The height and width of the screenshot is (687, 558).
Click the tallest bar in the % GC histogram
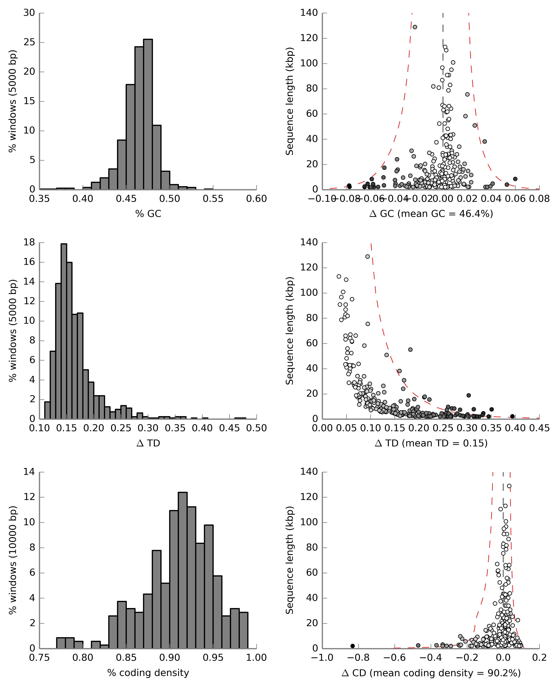(x=148, y=114)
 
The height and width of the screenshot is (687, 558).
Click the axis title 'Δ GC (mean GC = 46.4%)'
(x=431, y=214)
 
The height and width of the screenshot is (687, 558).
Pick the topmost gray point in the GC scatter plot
(x=415, y=27)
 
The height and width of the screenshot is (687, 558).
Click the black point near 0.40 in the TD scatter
(x=512, y=416)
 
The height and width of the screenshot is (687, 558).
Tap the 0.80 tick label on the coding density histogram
(x=83, y=658)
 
